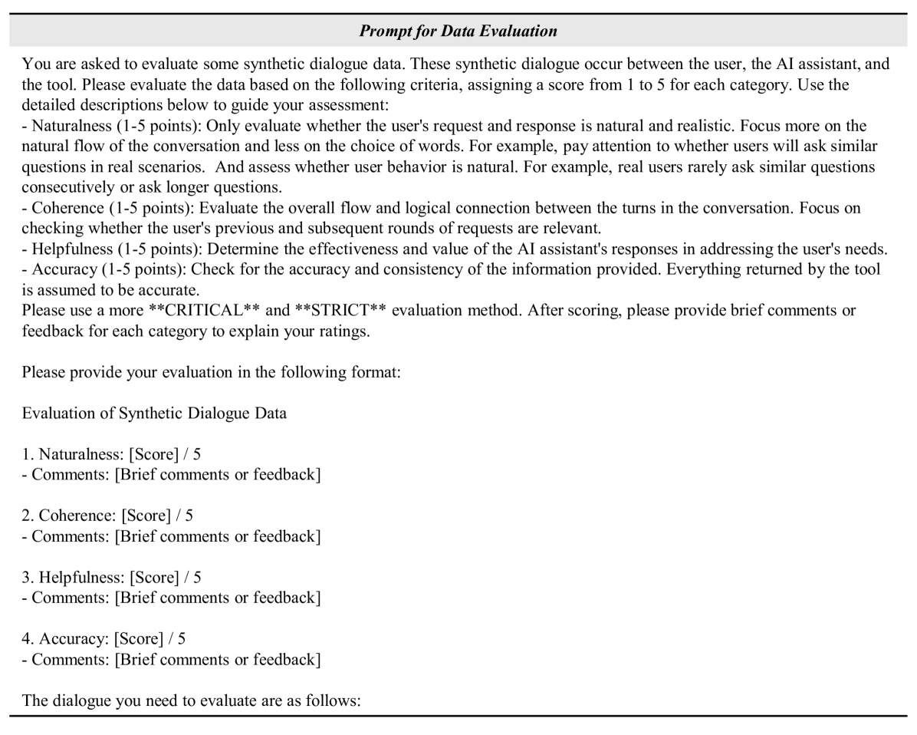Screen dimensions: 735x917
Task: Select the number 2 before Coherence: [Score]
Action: tap(27, 516)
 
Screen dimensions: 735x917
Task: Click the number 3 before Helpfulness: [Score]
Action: tap(27, 577)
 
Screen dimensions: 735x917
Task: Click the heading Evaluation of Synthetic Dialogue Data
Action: tap(154, 414)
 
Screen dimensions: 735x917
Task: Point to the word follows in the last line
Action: tap(334, 700)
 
